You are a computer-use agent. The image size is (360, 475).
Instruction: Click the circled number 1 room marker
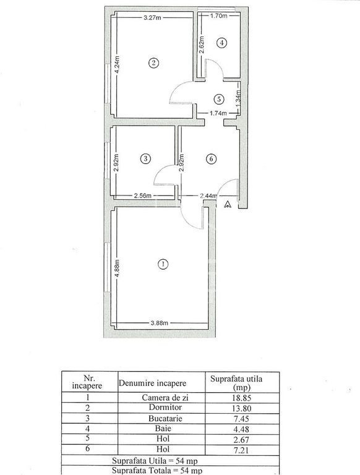163,264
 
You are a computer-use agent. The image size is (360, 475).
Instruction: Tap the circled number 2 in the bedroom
153,63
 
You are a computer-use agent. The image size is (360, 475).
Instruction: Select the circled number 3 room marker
146,158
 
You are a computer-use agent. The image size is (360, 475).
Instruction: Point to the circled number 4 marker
222,43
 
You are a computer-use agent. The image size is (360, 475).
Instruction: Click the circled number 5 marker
218,99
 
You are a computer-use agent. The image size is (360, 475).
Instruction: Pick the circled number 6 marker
211,158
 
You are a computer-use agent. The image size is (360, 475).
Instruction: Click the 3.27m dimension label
152,17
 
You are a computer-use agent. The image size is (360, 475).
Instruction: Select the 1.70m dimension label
219,15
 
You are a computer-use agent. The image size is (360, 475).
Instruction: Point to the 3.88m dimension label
160,323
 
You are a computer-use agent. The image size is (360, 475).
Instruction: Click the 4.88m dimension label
118,268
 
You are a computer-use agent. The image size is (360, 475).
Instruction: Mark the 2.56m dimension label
143,195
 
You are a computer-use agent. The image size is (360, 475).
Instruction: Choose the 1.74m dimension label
218,114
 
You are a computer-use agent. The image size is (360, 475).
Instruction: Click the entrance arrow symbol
228,205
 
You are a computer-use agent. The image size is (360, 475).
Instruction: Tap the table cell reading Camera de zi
165,398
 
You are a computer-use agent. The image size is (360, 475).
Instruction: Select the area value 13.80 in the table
241,408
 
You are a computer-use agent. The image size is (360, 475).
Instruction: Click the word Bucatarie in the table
165,419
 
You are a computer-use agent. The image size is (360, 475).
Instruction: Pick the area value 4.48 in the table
241,429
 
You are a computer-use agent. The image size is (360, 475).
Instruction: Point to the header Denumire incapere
152,383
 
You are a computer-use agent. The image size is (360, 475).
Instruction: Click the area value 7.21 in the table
241,450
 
